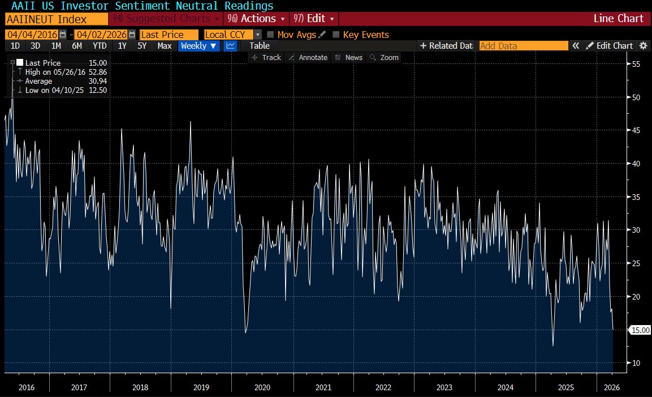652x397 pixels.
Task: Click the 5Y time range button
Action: [x=142, y=46]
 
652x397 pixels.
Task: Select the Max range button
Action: [x=164, y=46]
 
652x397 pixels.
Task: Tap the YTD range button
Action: [x=100, y=46]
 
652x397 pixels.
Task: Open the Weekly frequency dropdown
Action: [x=198, y=46]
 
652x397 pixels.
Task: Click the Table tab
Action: [x=260, y=46]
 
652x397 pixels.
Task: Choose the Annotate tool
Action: [x=309, y=58]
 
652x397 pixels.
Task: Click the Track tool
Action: [x=266, y=58]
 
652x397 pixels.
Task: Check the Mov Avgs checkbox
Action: [x=270, y=35]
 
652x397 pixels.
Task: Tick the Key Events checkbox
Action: [x=336, y=35]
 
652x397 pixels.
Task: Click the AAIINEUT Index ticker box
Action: [x=57, y=19]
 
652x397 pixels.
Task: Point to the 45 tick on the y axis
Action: [x=636, y=130]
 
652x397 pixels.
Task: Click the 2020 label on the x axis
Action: [x=262, y=387]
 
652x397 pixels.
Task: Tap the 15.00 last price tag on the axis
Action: [x=640, y=330]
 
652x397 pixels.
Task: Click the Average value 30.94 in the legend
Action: [x=98, y=81]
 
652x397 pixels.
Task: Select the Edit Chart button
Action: [x=610, y=46]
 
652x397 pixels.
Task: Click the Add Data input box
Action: [x=524, y=46]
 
